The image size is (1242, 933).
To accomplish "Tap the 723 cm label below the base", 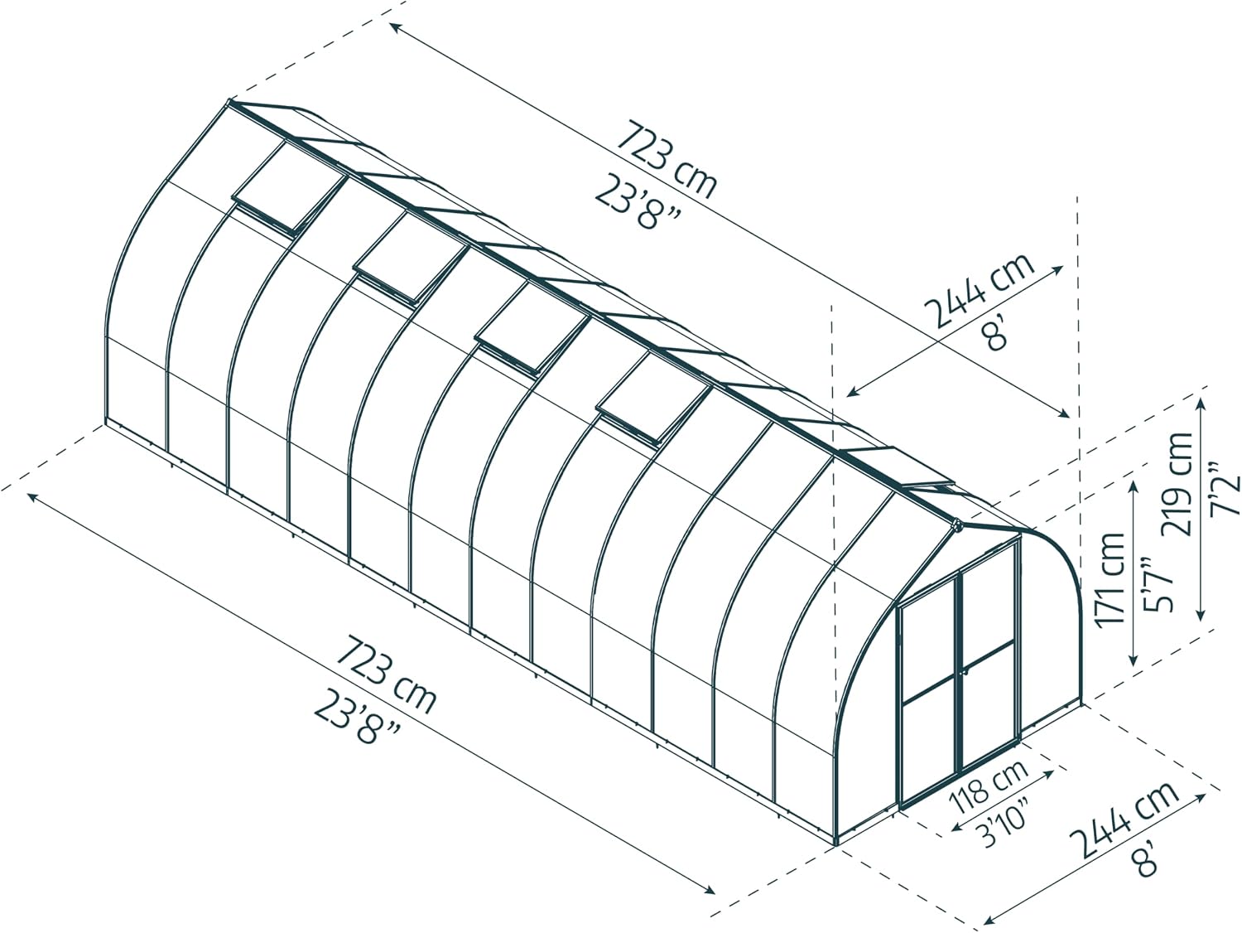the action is point(386,674).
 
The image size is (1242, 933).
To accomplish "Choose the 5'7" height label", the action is point(1154,584).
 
